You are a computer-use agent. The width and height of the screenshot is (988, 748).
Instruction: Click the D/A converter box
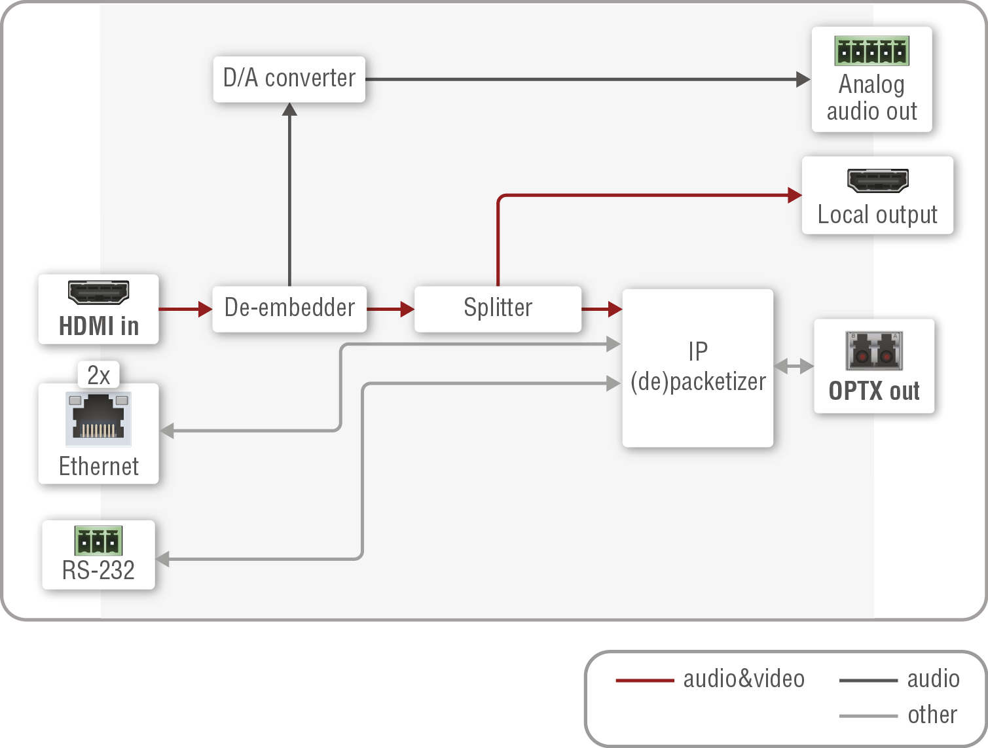(x=289, y=79)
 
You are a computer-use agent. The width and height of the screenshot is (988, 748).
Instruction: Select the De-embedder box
(x=289, y=308)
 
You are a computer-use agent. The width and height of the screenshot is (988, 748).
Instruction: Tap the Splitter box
(x=498, y=308)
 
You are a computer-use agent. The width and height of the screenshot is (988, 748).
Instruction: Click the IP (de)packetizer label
(x=698, y=367)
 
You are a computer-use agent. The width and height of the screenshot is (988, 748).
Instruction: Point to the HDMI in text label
(x=99, y=326)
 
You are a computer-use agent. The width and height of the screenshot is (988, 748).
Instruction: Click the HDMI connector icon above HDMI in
(x=99, y=292)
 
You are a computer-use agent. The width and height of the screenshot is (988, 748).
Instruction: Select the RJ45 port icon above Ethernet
(x=99, y=418)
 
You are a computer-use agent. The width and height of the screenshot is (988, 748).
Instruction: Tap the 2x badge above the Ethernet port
(x=99, y=375)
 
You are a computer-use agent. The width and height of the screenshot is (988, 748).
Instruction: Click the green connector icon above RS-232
(x=99, y=541)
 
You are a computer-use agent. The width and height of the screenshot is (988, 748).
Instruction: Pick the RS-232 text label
(x=99, y=571)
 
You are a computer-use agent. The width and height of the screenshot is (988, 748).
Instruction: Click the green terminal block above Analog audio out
(x=871, y=51)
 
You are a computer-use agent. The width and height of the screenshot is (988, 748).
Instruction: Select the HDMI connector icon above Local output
(x=877, y=181)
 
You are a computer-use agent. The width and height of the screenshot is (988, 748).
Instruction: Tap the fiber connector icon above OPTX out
(x=874, y=351)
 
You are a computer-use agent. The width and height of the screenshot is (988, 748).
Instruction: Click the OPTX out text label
(x=874, y=391)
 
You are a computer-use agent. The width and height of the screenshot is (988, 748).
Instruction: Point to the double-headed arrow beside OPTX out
(x=794, y=366)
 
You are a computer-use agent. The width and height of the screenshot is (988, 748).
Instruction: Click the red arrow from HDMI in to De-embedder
(x=185, y=309)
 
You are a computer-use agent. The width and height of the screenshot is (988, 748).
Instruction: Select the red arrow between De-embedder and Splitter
(x=390, y=309)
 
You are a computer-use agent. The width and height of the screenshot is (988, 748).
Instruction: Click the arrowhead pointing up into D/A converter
(x=289, y=109)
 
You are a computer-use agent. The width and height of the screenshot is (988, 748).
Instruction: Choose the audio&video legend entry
(x=710, y=679)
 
